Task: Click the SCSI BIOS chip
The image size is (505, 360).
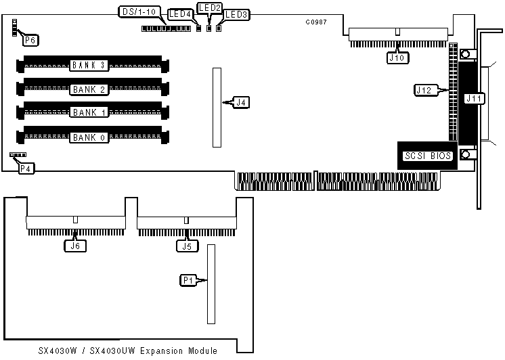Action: pos(427,156)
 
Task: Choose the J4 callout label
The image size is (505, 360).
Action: pos(241,103)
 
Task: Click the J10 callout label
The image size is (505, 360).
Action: pos(397,58)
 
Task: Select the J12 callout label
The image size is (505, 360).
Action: pos(424,89)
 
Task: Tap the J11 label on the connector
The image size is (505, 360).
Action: pos(474,99)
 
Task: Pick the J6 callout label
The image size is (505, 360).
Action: pos(74,246)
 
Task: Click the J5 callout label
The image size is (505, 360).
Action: pos(185,246)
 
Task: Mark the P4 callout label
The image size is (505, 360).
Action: pos(26,168)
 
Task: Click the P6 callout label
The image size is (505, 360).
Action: pos(30,40)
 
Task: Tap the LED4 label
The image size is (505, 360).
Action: pos(179,14)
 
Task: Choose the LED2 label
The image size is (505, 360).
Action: pos(208,7)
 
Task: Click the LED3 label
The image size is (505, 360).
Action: pos(236,14)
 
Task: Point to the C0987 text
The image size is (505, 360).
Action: pos(316,22)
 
